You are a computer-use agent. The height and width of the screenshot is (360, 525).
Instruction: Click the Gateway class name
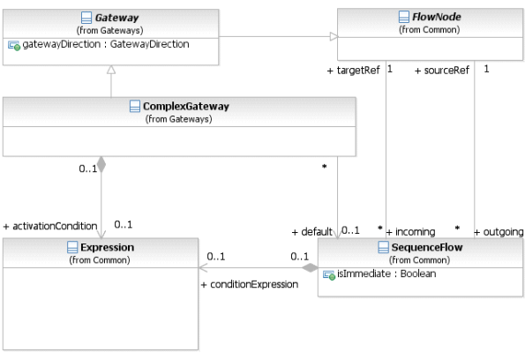116,18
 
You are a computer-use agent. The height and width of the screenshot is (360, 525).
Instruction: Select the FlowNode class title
436,17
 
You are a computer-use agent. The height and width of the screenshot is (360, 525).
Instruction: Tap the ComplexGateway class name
186,106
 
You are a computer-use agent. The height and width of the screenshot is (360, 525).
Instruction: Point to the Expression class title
107,247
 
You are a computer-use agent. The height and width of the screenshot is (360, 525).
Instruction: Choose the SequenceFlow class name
427,247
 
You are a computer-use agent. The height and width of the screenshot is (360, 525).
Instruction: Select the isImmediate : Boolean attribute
386,274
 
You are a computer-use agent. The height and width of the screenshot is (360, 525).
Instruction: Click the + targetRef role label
353,71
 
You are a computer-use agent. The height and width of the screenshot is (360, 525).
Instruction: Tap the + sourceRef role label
442,71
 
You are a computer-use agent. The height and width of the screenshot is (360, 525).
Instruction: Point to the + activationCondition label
50,227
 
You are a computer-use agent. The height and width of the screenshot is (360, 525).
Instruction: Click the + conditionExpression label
250,284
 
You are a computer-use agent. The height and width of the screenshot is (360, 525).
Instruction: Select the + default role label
311,232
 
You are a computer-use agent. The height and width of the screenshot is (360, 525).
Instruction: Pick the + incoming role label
410,232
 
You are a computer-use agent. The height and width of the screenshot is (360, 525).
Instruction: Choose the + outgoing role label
499,232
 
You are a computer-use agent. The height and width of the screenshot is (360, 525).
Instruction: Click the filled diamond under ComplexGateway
101,165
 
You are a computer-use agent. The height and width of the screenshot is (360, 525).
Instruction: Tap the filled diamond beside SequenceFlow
310,267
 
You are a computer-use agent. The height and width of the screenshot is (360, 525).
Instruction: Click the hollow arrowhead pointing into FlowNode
334,36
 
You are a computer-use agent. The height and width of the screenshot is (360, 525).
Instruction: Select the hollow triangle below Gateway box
111,70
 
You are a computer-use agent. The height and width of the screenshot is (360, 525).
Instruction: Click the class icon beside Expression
72,247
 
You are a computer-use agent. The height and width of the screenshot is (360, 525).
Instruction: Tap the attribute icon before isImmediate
329,275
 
